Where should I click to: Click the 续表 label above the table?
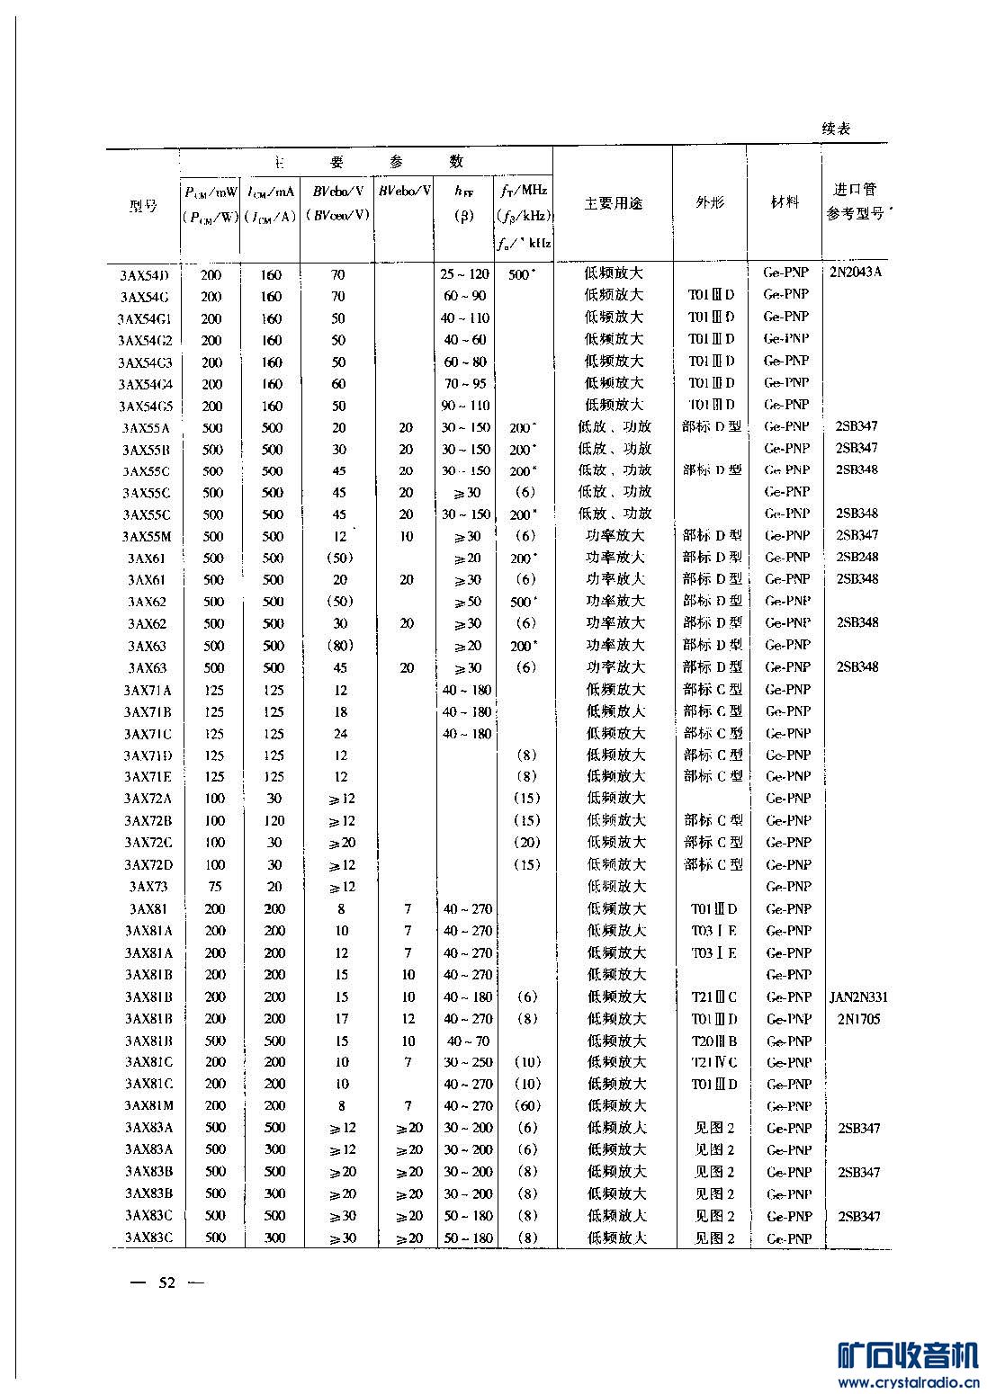click(836, 129)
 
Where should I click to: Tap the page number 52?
click(167, 1282)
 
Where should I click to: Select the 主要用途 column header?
click(614, 203)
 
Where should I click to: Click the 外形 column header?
click(709, 203)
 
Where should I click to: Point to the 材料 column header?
click(785, 202)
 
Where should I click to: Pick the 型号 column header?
click(143, 206)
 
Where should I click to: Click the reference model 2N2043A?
click(856, 272)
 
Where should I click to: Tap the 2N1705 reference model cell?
click(858, 1019)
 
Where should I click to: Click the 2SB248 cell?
click(857, 558)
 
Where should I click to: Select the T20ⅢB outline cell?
click(714, 1041)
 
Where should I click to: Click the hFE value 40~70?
click(467, 1041)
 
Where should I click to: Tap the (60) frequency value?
click(527, 1106)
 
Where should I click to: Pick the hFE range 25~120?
click(465, 274)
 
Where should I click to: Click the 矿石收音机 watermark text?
click(907, 1355)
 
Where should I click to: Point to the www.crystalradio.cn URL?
click(907, 1382)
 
